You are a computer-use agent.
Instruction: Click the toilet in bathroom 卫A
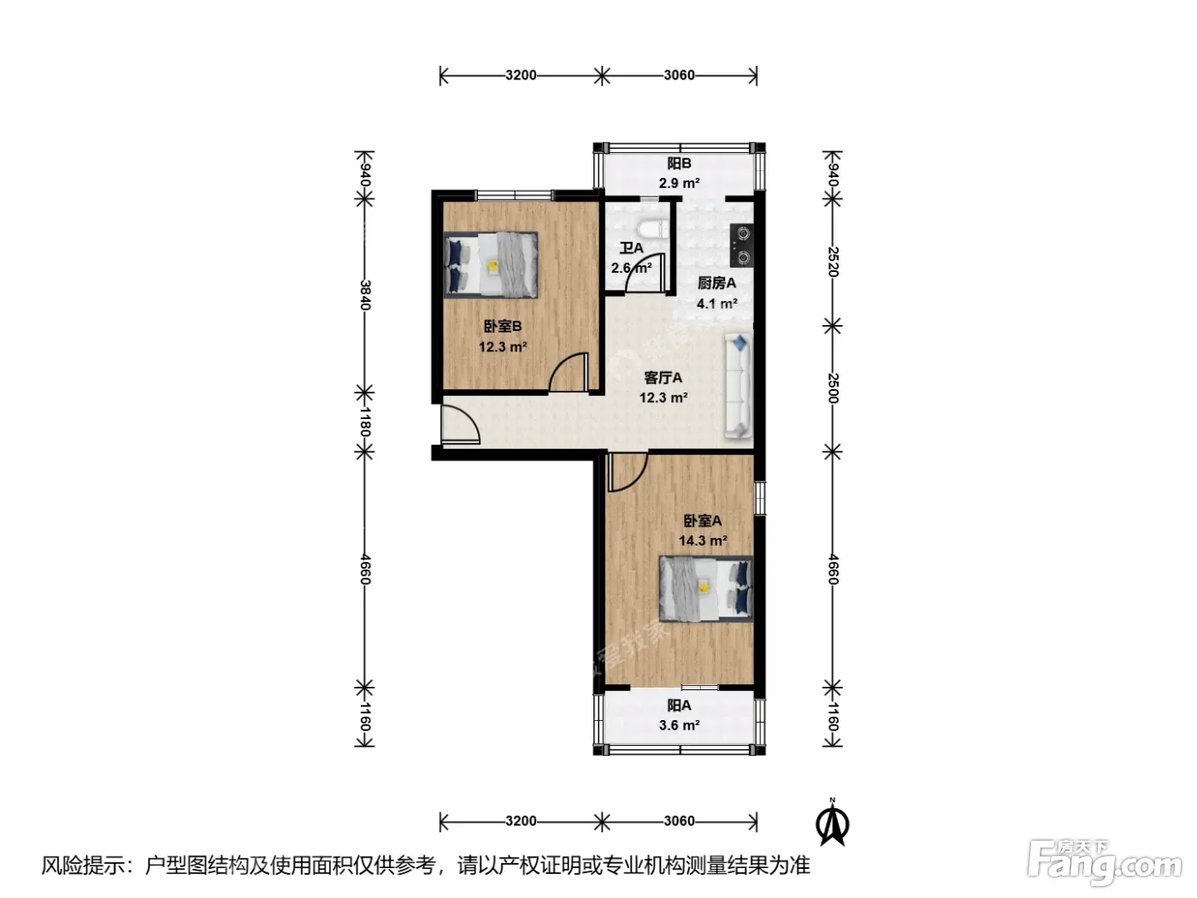point(652,229)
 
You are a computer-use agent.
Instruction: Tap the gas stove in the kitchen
point(741,245)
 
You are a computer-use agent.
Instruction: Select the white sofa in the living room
point(739,386)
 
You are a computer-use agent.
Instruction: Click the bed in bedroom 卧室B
point(491,265)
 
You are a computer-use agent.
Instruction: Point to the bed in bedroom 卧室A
point(706,589)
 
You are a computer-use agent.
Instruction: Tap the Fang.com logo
point(1105,863)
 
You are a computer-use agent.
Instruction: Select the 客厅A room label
point(663,377)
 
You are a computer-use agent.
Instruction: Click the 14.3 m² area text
point(703,541)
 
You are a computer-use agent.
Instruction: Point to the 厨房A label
point(716,283)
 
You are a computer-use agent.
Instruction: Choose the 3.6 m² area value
point(679,725)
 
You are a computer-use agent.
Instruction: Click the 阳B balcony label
point(679,163)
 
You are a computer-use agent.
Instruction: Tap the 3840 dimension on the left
point(365,296)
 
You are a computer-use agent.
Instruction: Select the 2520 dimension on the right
point(833,262)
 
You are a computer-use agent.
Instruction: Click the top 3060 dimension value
point(679,75)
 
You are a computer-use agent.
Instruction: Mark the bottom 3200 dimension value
point(521,821)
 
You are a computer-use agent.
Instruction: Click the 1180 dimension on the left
point(365,422)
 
